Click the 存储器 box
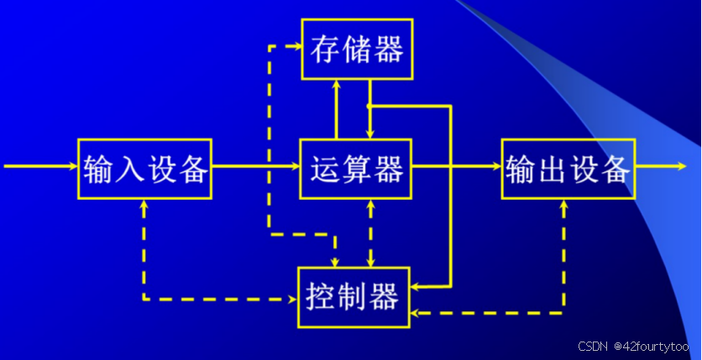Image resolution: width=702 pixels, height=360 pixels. pos(357,50)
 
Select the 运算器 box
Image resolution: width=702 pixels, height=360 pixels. pos(356,169)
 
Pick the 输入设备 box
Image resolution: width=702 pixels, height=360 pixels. pos(144,169)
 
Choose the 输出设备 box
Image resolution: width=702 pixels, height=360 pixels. pos(568,169)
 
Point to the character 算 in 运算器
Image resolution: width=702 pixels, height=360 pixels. pos(356,170)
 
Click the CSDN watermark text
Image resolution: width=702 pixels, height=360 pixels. pos(593,347)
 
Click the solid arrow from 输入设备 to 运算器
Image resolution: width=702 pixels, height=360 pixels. pos(255,167)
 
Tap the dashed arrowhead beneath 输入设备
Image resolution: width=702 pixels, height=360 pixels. pos(144,205)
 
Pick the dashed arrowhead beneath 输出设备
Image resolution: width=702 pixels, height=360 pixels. pos(563,205)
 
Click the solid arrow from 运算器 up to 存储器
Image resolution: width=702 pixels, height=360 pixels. pos(337,109)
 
